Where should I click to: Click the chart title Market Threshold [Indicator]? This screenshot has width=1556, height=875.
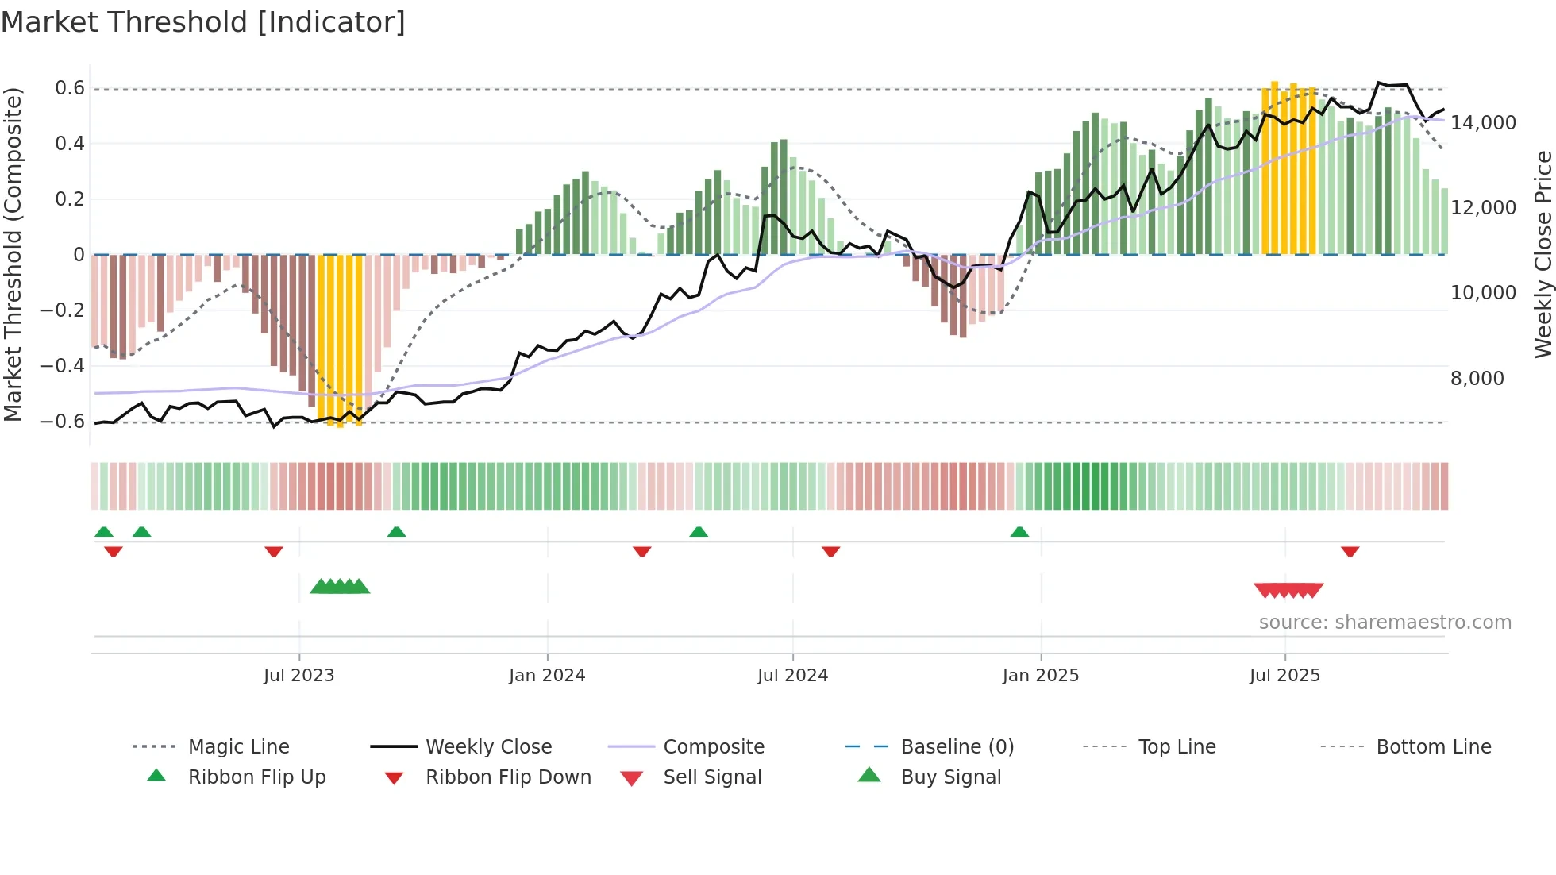click(x=203, y=22)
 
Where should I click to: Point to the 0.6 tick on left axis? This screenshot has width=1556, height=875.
click(x=70, y=88)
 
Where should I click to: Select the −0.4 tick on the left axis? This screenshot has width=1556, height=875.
click(x=63, y=366)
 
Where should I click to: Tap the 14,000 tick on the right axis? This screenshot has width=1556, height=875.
click(x=1483, y=123)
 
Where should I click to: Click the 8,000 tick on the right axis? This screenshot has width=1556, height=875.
click(x=1477, y=379)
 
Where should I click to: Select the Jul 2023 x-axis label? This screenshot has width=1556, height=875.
click(x=299, y=676)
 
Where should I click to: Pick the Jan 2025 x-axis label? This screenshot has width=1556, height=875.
click(x=1040, y=676)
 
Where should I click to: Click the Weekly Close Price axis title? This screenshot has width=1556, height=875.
click(x=1543, y=254)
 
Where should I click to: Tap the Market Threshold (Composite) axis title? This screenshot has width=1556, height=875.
click(x=13, y=254)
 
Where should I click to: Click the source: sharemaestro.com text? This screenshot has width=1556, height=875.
click(x=1385, y=623)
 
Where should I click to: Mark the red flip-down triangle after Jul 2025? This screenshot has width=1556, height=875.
click(x=1350, y=551)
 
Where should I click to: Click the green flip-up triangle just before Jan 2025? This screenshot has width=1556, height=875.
click(x=1019, y=532)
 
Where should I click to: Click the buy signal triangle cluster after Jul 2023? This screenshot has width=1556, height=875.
click(x=340, y=587)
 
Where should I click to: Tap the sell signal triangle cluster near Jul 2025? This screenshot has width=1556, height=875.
click(x=1288, y=590)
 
